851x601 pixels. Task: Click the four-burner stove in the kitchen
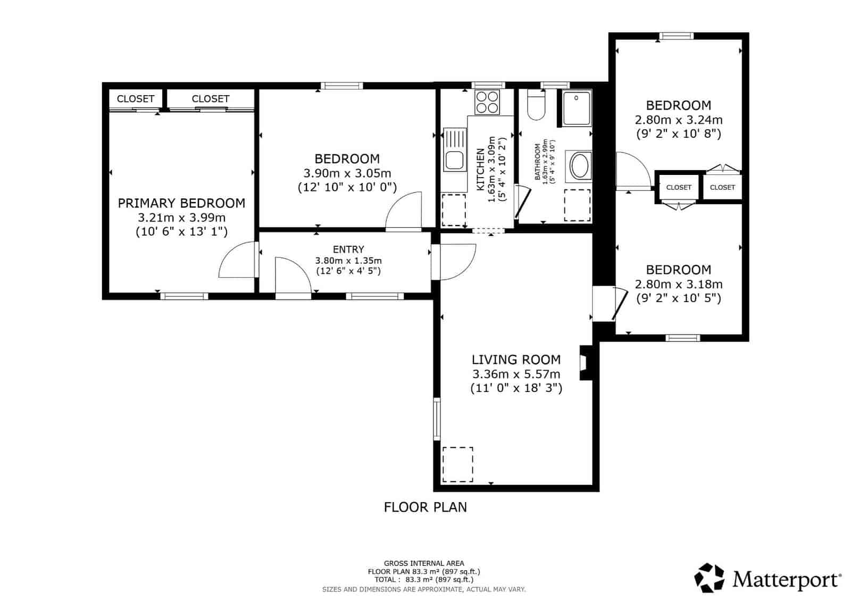click(487, 102)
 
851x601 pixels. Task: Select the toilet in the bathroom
click(536, 105)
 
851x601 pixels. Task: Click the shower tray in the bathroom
click(576, 108)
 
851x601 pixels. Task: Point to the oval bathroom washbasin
click(580, 166)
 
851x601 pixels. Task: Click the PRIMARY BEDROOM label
click(181, 203)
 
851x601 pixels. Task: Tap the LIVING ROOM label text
click(516, 360)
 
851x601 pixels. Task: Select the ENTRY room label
click(348, 249)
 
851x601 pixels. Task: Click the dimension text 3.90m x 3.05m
click(347, 173)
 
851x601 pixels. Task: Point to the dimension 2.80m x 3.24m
click(678, 120)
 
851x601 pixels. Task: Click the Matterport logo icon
click(710, 578)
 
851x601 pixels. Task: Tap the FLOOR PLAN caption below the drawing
click(425, 507)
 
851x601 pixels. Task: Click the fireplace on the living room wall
click(585, 362)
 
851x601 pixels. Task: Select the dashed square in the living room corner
click(457, 464)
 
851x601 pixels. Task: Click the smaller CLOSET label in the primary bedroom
click(135, 99)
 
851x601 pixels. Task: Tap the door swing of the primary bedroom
click(236, 260)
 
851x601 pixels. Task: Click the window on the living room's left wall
click(437, 419)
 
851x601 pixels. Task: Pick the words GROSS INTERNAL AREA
click(424, 563)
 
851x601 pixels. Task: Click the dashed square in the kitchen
click(453, 210)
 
